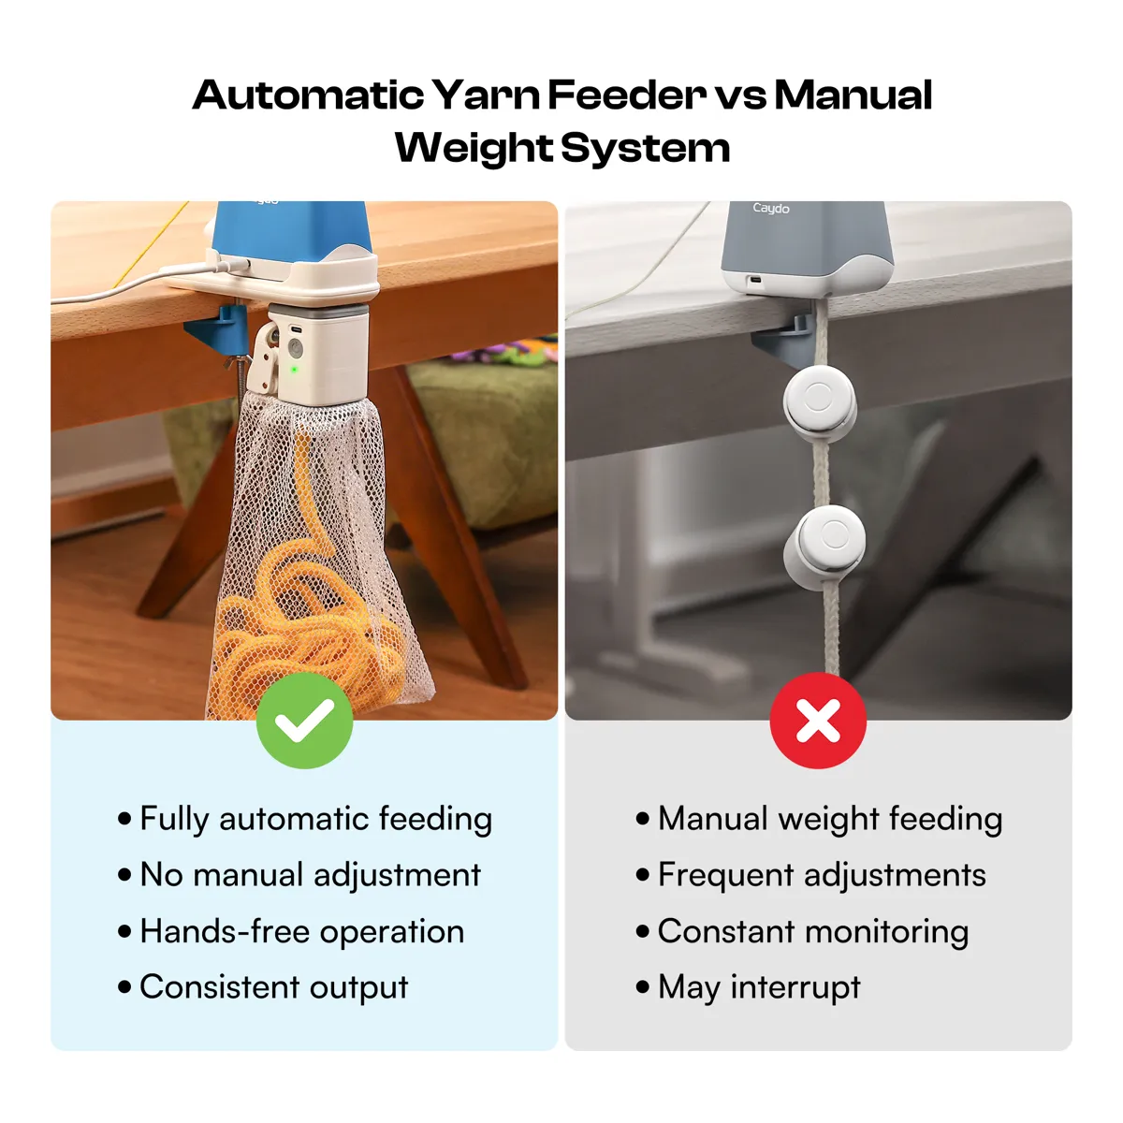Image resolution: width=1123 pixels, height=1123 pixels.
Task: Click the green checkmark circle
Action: point(304,721)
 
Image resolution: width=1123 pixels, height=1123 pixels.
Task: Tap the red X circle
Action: point(818,721)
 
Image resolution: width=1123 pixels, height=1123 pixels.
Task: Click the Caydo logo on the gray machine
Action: point(770,208)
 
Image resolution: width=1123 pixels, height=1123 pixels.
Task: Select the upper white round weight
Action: point(819,401)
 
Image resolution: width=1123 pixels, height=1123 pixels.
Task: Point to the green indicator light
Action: point(294,370)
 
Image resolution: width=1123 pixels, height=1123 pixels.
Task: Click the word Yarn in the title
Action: point(486,95)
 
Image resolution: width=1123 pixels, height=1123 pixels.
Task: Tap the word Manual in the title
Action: point(853,95)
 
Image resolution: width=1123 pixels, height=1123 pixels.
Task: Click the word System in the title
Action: point(645,149)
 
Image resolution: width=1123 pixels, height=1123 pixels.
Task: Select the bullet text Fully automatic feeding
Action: point(316,819)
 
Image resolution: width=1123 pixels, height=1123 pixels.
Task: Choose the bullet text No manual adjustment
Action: point(310,875)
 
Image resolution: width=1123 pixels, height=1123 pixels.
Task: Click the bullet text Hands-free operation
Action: point(302,931)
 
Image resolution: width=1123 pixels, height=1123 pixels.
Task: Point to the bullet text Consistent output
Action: point(274,987)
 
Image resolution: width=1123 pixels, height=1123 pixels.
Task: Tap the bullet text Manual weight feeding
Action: point(830,819)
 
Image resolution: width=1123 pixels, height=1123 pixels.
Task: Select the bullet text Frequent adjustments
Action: point(822,875)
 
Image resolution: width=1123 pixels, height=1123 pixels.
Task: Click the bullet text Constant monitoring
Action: point(813,931)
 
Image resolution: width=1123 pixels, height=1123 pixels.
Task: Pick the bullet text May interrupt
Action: point(759,987)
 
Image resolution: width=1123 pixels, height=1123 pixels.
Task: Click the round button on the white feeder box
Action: point(295,350)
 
